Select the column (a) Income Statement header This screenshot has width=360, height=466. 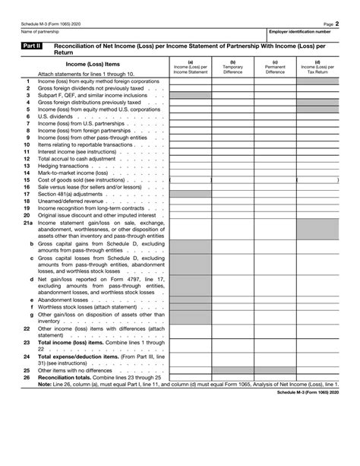pyautogui.click(x=190, y=67)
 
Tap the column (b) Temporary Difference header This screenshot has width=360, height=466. pyautogui.click(x=232, y=67)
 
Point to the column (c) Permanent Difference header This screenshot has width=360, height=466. pyautogui.click(x=275, y=67)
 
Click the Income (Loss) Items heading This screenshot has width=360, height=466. pyautogui.click(x=90, y=65)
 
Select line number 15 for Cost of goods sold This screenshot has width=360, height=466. pyautogui.click(x=27, y=180)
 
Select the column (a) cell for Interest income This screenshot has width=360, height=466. pyautogui.click(x=190, y=151)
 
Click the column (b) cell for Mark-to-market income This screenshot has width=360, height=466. pyautogui.click(x=232, y=173)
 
